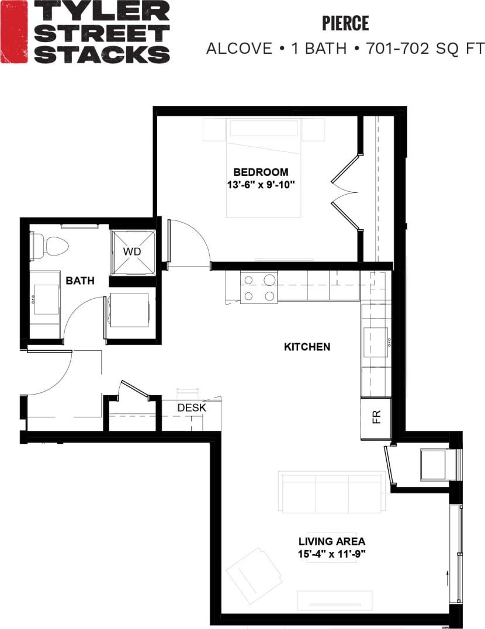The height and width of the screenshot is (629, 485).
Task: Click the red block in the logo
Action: click(x=13, y=32)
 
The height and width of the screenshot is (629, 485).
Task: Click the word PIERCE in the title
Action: click(x=345, y=23)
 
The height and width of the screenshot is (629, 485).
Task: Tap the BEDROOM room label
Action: click(x=261, y=172)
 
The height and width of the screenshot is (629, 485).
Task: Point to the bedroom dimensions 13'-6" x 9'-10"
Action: click(x=261, y=184)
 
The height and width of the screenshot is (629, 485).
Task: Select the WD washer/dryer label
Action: click(x=132, y=251)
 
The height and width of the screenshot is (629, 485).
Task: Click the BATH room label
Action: click(x=80, y=281)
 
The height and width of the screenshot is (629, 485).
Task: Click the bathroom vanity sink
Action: click(x=44, y=298)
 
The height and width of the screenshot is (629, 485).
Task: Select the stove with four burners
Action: click(x=259, y=288)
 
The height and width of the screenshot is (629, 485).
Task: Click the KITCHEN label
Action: click(x=307, y=347)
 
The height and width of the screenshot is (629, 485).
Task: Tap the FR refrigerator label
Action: click(x=376, y=417)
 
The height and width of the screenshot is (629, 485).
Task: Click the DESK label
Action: click(x=192, y=407)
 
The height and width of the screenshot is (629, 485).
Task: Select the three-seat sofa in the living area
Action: click(x=331, y=492)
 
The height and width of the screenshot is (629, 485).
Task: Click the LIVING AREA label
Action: click(x=331, y=541)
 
